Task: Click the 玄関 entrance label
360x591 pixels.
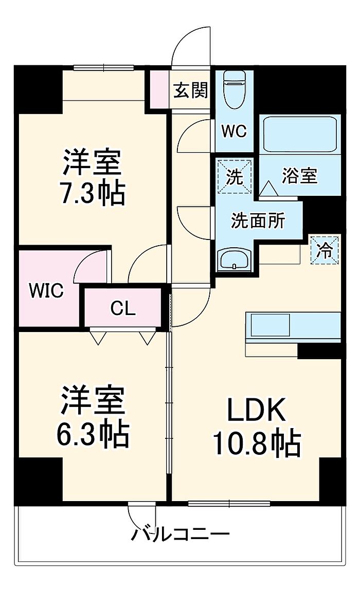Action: coord(190,90)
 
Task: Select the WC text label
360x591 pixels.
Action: coord(234,131)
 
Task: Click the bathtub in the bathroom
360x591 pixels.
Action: coord(299,134)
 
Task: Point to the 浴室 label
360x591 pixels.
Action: coord(299,176)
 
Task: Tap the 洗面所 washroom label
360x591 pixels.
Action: coord(258,221)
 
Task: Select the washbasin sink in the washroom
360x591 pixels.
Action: coord(235,260)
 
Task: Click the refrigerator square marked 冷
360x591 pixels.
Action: coord(325,250)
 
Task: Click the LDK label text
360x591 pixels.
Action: coord(257,411)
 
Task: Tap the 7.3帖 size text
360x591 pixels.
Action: coord(93,193)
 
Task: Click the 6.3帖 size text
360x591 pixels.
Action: coord(93,434)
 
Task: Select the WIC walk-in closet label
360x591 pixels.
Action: coord(46,291)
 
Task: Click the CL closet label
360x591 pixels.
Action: coord(123,308)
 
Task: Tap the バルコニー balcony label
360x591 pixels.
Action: coord(180,534)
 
